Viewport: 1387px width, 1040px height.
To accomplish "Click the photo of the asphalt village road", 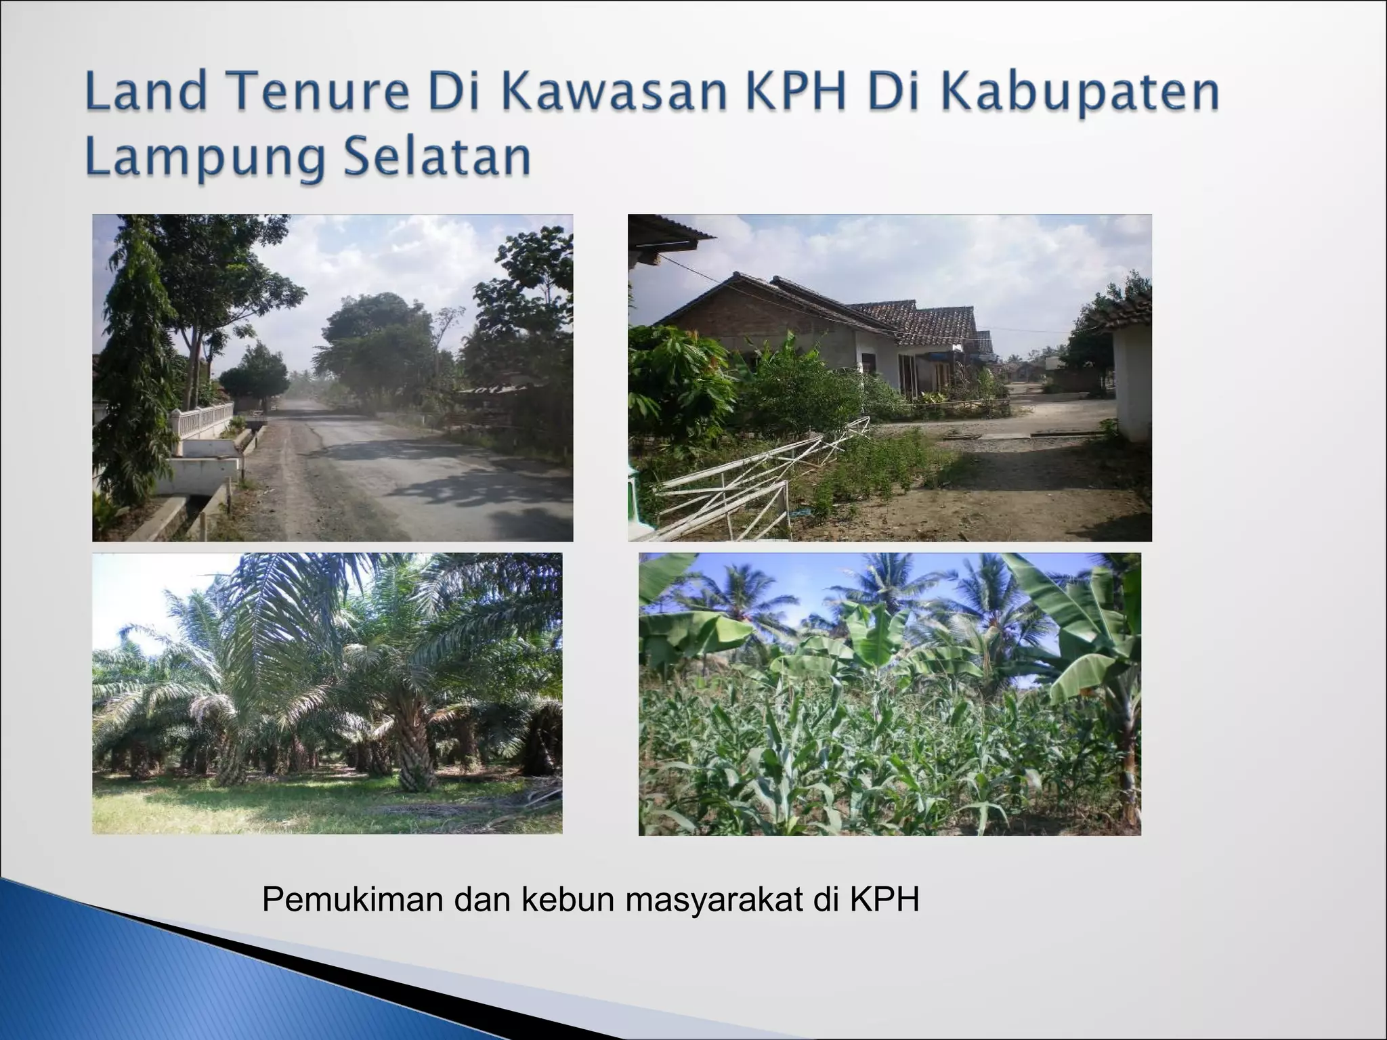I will pyautogui.click(x=333, y=378).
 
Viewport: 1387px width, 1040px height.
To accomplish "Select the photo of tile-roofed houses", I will pyautogui.click(x=889, y=378).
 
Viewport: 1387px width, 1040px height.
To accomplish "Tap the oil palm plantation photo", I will pyautogui.click(x=327, y=693).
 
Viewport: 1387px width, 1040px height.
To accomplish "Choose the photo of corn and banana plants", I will pyautogui.click(x=889, y=693).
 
